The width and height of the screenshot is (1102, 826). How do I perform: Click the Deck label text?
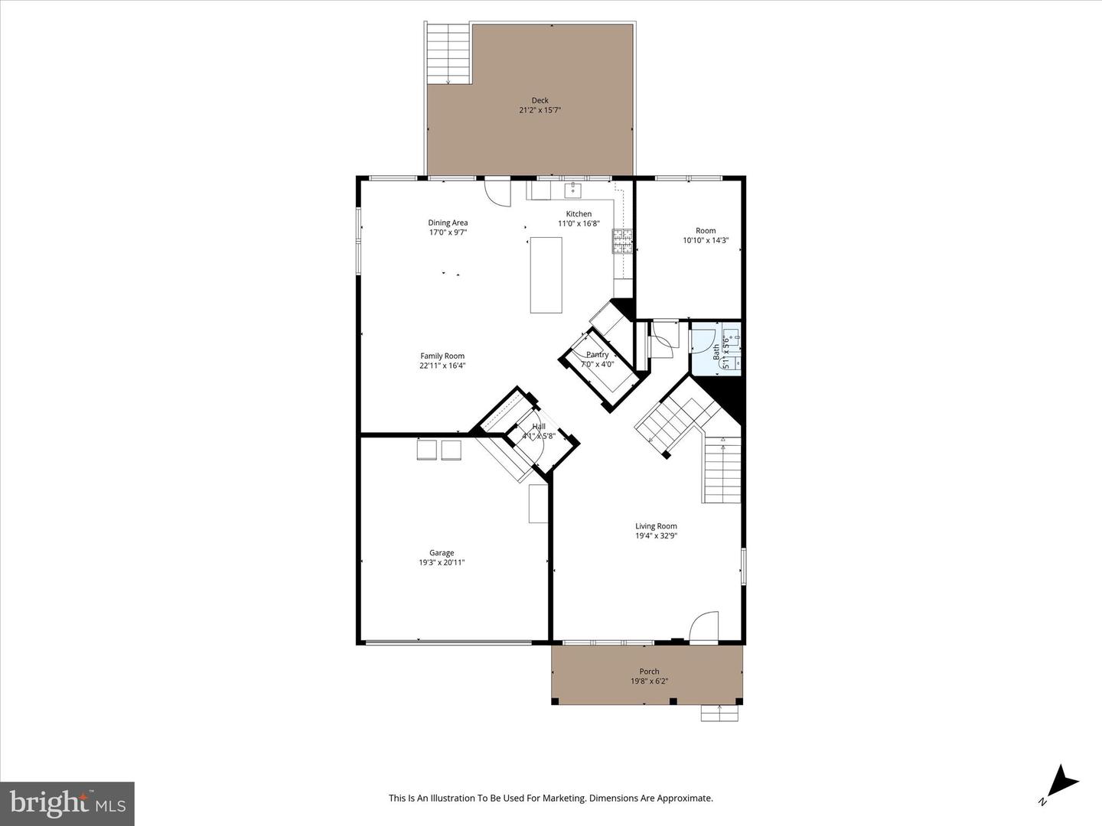(x=540, y=100)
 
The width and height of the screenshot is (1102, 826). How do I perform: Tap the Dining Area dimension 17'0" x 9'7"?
(x=448, y=233)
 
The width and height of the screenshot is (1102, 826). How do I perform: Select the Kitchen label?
(x=579, y=214)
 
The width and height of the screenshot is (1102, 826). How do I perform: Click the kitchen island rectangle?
(x=546, y=275)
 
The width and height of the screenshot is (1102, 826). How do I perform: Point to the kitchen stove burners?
(x=621, y=241)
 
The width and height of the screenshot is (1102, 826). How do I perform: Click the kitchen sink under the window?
(x=573, y=190)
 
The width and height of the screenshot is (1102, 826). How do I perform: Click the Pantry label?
(x=597, y=355)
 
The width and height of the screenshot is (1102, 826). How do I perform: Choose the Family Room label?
(x=442, y=356)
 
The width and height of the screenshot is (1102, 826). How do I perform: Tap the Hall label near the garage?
(x=539, y=427)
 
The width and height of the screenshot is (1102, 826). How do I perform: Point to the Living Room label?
(x=656, y=526)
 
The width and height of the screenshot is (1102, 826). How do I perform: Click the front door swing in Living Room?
(x=704, y=626)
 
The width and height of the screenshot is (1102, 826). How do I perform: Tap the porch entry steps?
(x=720, y=713)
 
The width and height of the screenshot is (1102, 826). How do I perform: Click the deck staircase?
(x=448, y=54)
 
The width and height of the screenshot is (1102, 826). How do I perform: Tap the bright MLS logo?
(x=67, y=803)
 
